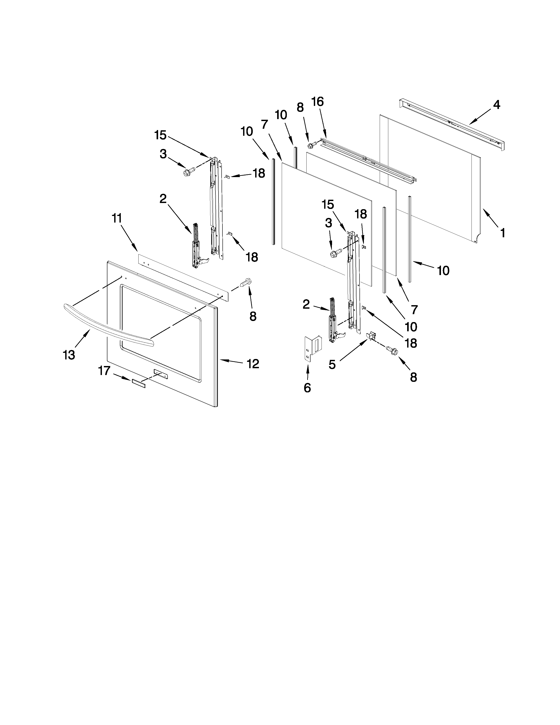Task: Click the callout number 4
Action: (x=496, y=105)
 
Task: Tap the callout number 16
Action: (x=318, y=101)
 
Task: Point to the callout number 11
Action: (x=117, y=218)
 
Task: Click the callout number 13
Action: (x=69, y=355)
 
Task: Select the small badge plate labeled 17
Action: (x=139, y=384)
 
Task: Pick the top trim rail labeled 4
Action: (x=451, y=123)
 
